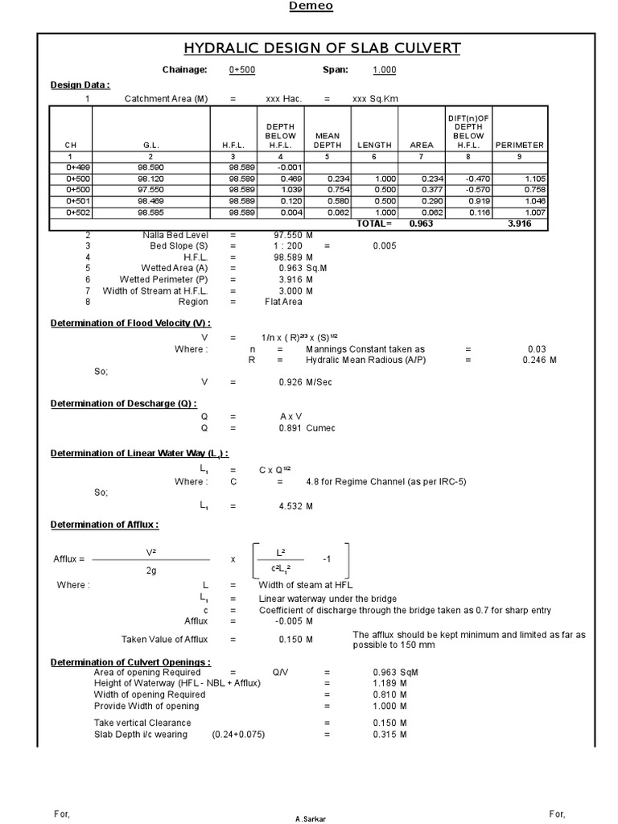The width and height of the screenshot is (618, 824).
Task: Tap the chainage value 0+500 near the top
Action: coord(241,70)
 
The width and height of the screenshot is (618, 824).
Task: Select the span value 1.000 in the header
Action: coord(384,70)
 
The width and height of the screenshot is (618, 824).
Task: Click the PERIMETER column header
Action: coord(519,145)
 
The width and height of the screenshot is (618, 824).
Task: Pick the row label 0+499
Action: coord(71,167)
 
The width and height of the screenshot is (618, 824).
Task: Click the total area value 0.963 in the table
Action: coord(421,224)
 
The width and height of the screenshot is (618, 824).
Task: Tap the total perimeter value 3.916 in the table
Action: coord(519,224)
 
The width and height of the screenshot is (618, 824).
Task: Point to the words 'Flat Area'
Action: coord(282,302)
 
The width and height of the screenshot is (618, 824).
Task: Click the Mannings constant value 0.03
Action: coord(536,348)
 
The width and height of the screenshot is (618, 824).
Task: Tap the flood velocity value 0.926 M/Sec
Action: coord(305,382)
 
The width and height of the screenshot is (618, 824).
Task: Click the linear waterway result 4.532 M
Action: coord(295,506)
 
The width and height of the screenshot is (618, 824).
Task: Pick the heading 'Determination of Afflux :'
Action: coord(105,525)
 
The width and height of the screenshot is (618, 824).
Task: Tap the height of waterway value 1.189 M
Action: coord(389,683)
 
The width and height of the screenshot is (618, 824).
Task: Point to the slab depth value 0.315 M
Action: coord(389,734)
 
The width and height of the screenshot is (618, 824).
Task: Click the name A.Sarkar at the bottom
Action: coord(311,818)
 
